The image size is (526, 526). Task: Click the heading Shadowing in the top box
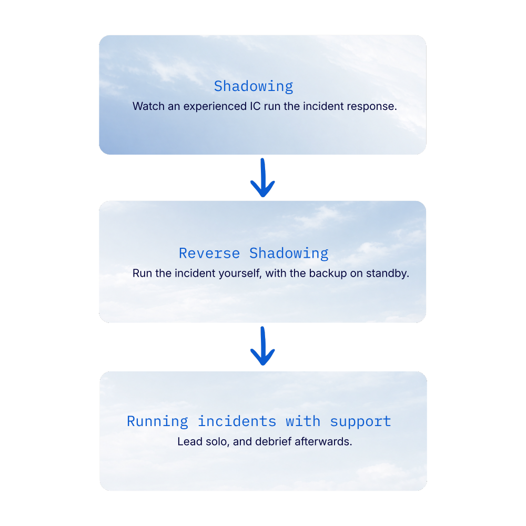[254, 87]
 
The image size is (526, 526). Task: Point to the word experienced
[215, 107]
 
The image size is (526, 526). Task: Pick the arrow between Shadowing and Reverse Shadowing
[262, 178]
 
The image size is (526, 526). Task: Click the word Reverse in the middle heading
[209, 254]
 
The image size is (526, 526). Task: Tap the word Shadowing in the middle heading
[289, 254]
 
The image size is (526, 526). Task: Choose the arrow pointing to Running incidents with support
[262, 346]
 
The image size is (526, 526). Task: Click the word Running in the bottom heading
[157, 422]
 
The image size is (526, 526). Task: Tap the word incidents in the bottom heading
[237, 421]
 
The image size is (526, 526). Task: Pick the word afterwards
[323, 441]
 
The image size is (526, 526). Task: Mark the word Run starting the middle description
[142, 273]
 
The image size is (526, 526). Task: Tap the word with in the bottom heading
[303, 421]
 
